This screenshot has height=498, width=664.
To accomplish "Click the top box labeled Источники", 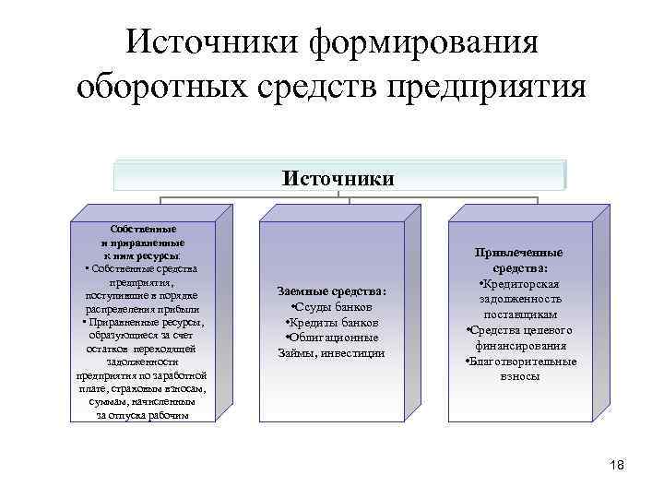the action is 338,176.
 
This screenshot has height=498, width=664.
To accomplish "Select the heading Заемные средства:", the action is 332,292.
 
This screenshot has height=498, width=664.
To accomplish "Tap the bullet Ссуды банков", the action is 332,307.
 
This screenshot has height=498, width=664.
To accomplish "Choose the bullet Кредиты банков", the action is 332,323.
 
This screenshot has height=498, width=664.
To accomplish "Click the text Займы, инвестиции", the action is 332,353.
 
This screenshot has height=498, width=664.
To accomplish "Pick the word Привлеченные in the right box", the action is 519,253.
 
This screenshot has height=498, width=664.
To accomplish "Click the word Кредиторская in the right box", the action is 522,284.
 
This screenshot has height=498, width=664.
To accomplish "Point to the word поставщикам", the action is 519,315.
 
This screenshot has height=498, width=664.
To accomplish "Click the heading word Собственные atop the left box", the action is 142,228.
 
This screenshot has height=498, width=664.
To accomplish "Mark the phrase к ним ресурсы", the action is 142,254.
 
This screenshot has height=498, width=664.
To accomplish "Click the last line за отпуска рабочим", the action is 142,415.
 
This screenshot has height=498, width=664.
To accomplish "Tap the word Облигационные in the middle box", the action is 335,338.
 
